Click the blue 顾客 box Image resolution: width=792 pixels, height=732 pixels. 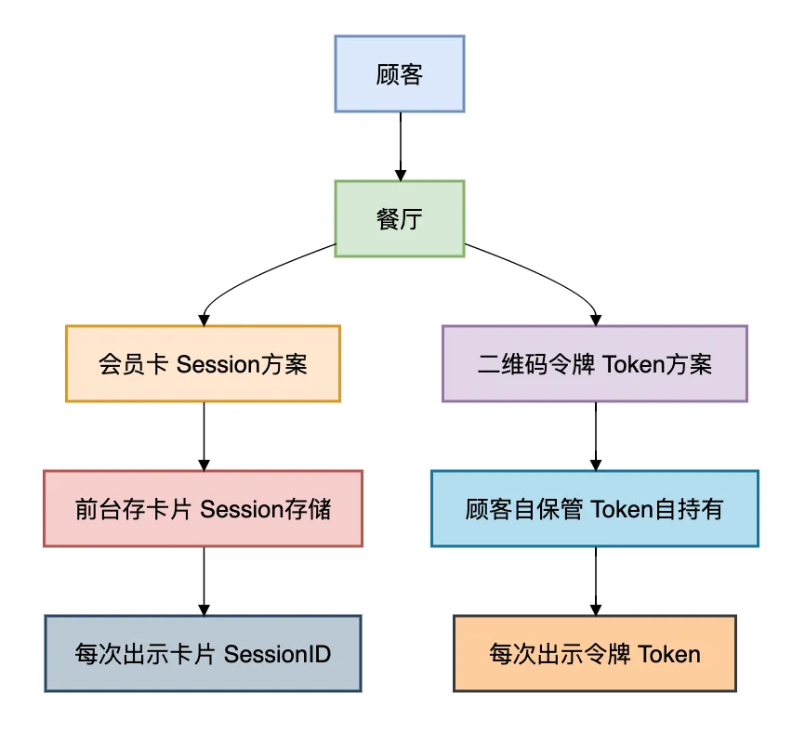coord(399,74)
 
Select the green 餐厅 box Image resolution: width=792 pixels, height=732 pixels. coord(399,219)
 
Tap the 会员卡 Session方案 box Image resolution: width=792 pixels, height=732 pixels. coord(203,363)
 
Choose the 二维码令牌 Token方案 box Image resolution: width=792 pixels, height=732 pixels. coord(594,363)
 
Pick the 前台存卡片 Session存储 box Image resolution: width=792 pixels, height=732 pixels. coord(203,508)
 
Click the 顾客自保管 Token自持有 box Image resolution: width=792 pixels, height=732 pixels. coord(594,508)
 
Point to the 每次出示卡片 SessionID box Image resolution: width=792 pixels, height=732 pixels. coord(203,653)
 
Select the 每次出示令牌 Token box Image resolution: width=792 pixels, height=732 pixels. coord(594,653)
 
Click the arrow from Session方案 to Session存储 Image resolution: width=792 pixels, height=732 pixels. coord(204,436)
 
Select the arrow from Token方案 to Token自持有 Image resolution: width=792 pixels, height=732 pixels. coord(595,436)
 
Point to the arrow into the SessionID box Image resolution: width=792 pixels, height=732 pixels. coord(204,581)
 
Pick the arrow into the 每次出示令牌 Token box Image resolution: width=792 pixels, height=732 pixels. coord(595,581)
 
